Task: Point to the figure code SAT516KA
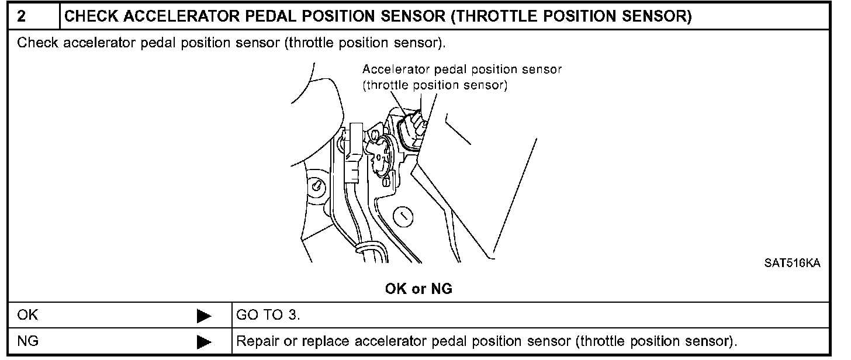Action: [x=792, y=264]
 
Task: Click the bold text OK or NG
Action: [x=418, y=289]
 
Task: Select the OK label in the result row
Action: [x=27, y=316]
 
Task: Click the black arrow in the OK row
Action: [x=204, y=316]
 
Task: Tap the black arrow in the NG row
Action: [x=204, y=341]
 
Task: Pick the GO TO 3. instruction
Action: [x=268, y=316]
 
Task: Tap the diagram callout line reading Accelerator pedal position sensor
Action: [x=462, y=70]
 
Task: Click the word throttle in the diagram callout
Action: [x=388, y=85]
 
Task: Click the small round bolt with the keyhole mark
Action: [x=316, y=186]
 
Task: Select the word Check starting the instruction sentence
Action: [x=37, y=44]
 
